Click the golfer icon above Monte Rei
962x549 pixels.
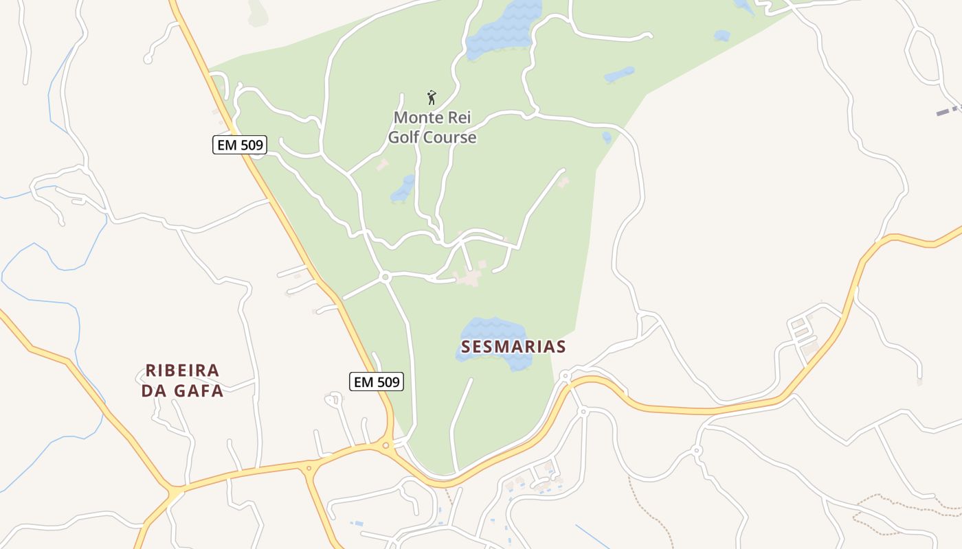click(432, 97)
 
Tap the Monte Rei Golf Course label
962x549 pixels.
click(432, 128)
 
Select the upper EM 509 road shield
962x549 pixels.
click(239, 145)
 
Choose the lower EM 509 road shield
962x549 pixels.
click(376, 382)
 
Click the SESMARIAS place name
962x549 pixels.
click(513, 347)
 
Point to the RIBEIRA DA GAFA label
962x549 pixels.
click(183, 380)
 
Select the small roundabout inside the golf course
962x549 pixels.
click(385, 277)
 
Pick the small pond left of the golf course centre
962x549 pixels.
click(403, 189)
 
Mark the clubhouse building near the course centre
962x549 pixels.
click(470, 277)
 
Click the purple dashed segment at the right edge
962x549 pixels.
click(949, 110)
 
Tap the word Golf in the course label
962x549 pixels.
click(404, 137)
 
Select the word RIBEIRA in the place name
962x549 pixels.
click(183, 371)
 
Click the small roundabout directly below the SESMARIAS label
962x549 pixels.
click(565, 376)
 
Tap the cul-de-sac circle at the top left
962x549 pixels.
click(147, 60)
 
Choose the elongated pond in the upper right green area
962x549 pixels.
click(619, 74)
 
